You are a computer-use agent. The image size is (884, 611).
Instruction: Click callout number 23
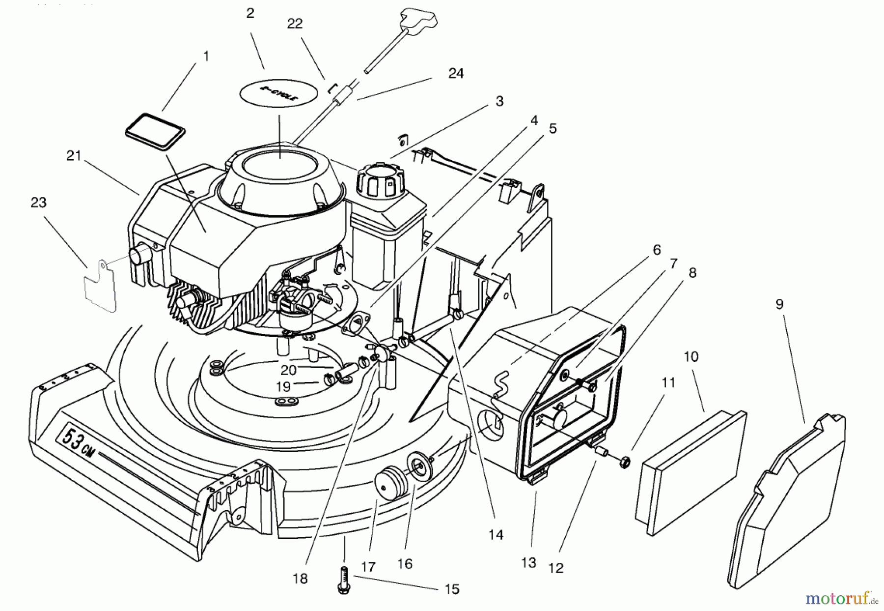(x=38, y=203)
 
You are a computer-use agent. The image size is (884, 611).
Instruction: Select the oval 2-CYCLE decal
(x=278, y=96)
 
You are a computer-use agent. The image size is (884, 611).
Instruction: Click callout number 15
(x=452, y=589)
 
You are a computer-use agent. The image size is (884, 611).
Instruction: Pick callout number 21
(x=74, y=156)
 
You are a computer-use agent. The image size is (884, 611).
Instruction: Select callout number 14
(x=496, y=535)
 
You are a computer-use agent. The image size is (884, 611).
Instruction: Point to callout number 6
(x=657, y=250)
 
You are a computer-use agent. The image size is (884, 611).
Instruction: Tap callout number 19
(x=283, y=387)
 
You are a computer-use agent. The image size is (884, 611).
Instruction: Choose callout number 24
(x=456, y=73)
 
